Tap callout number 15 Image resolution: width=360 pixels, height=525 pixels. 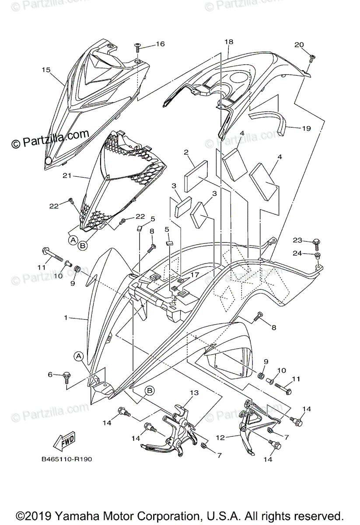pyautogui.click(x=46, y=70)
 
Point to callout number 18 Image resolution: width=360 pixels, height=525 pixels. pyautogui.click(x=229, y=42)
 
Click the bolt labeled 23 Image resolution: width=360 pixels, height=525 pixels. pyautogui.click(x=316, y=241)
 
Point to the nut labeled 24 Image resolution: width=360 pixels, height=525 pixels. pyautogui.click(x=318, y=255)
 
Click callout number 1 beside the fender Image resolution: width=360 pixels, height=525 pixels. pyautogui.click(x=66, y=318)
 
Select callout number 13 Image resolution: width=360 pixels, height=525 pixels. pyautogui.click(x=194, y=392)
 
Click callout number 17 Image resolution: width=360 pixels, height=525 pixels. pyautogui.click(x=194, y=274)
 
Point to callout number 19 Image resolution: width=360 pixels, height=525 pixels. pyautogui.click(x=306, y=128)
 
